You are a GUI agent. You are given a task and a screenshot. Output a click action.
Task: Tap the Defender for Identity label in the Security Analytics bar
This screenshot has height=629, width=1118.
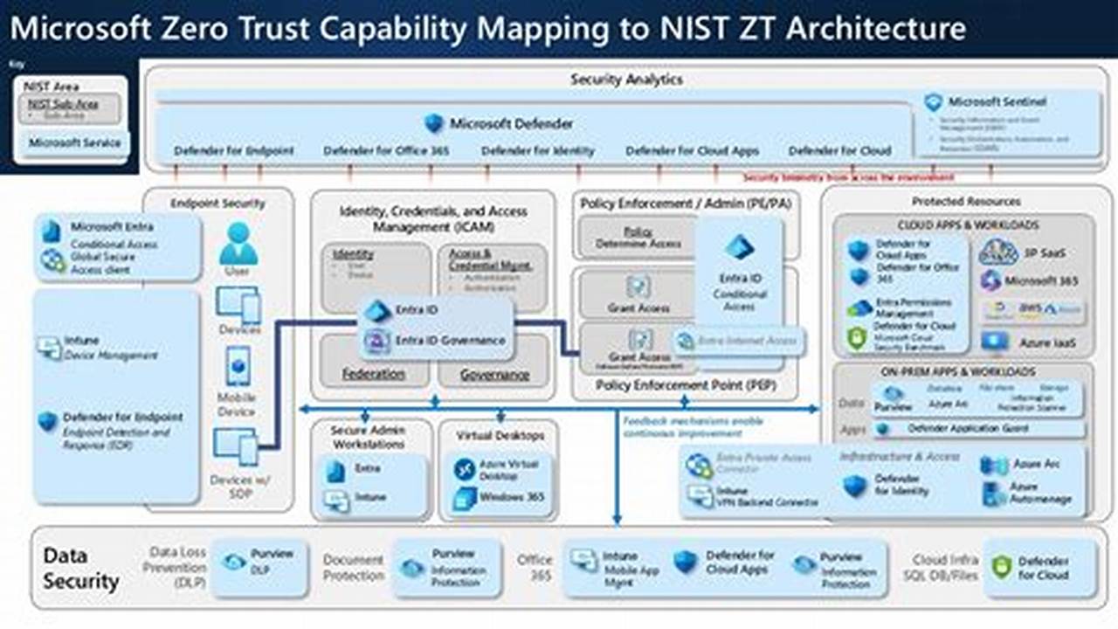coord(537,151)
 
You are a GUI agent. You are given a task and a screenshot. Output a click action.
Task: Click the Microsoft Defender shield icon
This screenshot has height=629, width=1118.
coord(434,123)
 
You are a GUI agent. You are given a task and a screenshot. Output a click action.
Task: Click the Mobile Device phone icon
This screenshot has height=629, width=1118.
coord(238,365)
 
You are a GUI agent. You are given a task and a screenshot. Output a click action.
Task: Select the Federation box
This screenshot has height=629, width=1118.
coord(373,374)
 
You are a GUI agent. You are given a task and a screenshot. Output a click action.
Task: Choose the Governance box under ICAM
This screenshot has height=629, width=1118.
coord(495,374)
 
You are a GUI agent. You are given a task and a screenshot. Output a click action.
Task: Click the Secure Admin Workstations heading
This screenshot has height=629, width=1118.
coord(368,438)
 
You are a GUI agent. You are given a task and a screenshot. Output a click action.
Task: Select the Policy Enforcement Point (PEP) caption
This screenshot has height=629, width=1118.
coord(685,385)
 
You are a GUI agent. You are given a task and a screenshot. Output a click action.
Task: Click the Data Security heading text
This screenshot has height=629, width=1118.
coord(80,568)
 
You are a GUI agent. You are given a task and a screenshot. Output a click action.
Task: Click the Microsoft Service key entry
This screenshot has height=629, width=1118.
coord(74,142)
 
